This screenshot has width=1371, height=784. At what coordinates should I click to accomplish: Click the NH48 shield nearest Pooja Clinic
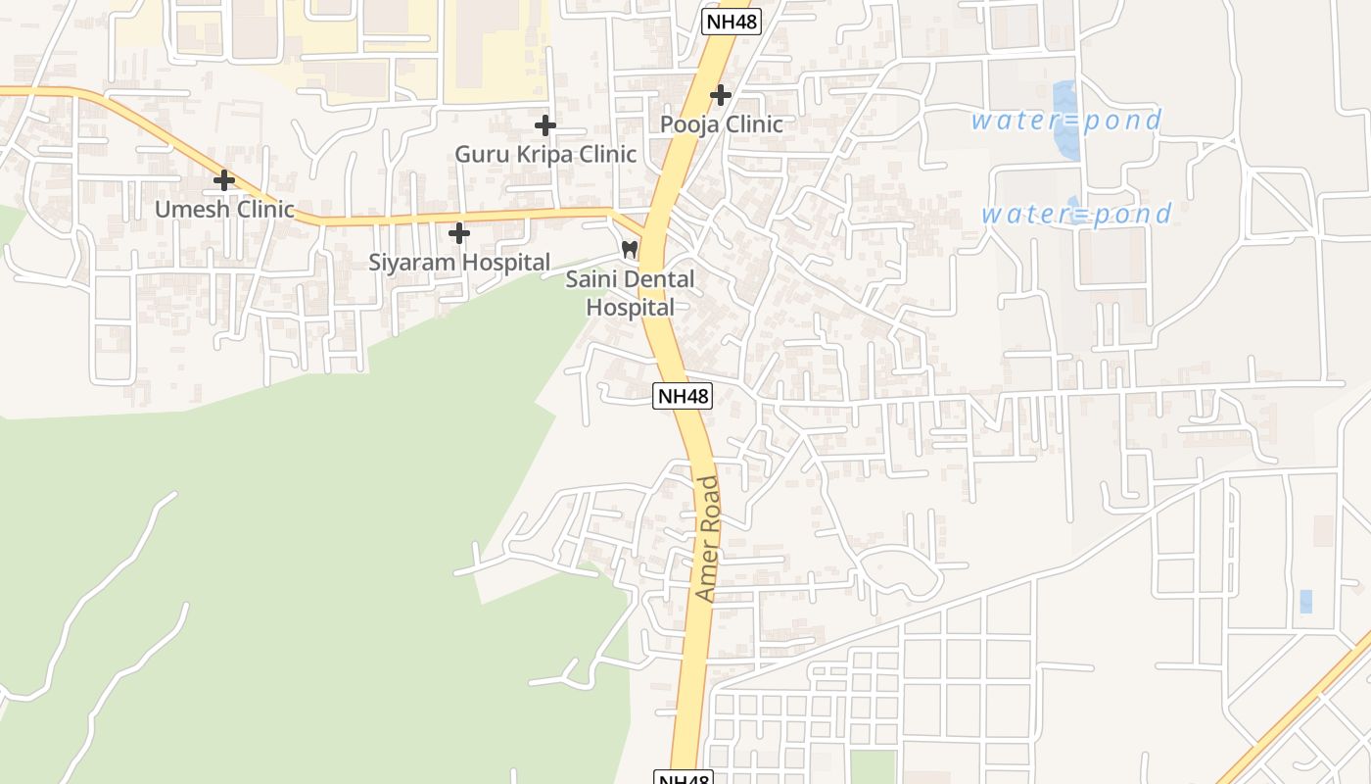[732, 22]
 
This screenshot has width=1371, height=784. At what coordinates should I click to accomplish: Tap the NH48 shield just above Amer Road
[683, 396]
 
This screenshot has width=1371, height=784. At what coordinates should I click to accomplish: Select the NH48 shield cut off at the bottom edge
[683, 778]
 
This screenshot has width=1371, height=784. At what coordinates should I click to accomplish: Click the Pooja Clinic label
[721, 124]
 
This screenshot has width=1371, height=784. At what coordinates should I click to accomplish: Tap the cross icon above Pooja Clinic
[721, 95]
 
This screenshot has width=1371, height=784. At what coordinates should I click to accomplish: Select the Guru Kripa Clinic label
[545, 154]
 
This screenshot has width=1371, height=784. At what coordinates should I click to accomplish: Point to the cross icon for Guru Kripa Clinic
[545, 125]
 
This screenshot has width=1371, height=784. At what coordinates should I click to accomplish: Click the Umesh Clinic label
[224, 209]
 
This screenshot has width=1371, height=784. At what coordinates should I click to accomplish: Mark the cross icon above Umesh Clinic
[224, 180]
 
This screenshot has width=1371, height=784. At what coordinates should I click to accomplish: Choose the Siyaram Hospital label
[459, 262]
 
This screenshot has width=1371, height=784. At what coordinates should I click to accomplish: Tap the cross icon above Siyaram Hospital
[459, 233]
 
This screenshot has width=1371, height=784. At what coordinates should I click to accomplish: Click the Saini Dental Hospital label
[631, 293]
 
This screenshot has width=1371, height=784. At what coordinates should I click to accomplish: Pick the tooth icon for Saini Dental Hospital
[630, 250]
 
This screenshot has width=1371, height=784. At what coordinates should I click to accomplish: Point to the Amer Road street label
[707, 538]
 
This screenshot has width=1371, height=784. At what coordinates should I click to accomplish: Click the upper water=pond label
[1066, 121]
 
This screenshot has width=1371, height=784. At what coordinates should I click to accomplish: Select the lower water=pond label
[1076, 214]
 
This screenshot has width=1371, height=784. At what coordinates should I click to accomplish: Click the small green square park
[872, 766]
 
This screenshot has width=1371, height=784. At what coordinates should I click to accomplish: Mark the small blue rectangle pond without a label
[1305, 602]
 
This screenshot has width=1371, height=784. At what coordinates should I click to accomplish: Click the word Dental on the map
[657, 279]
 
